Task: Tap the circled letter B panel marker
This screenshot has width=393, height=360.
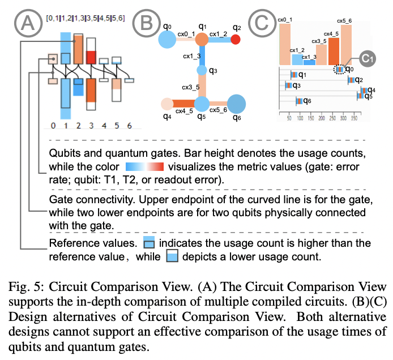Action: click(144, 22)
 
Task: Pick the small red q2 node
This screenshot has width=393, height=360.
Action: click(236, 40)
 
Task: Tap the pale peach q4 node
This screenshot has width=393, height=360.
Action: click(166, 104)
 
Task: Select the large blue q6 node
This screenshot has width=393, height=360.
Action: click(237, 104)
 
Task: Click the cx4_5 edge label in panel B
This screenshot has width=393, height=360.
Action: click(183, 112)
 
